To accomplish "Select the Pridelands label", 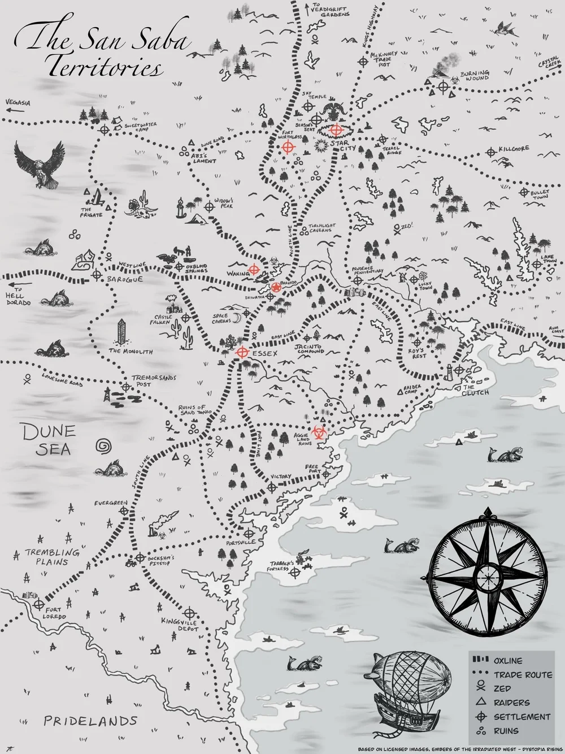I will (x=90, y=721).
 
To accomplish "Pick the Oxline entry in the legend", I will (x=508, y=660).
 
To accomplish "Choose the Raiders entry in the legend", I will (x=511, y=703).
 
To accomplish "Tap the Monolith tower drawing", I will (x=121, y=332).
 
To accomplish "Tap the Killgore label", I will (x=514, y=149).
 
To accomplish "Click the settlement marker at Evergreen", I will (x=125, y=511).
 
